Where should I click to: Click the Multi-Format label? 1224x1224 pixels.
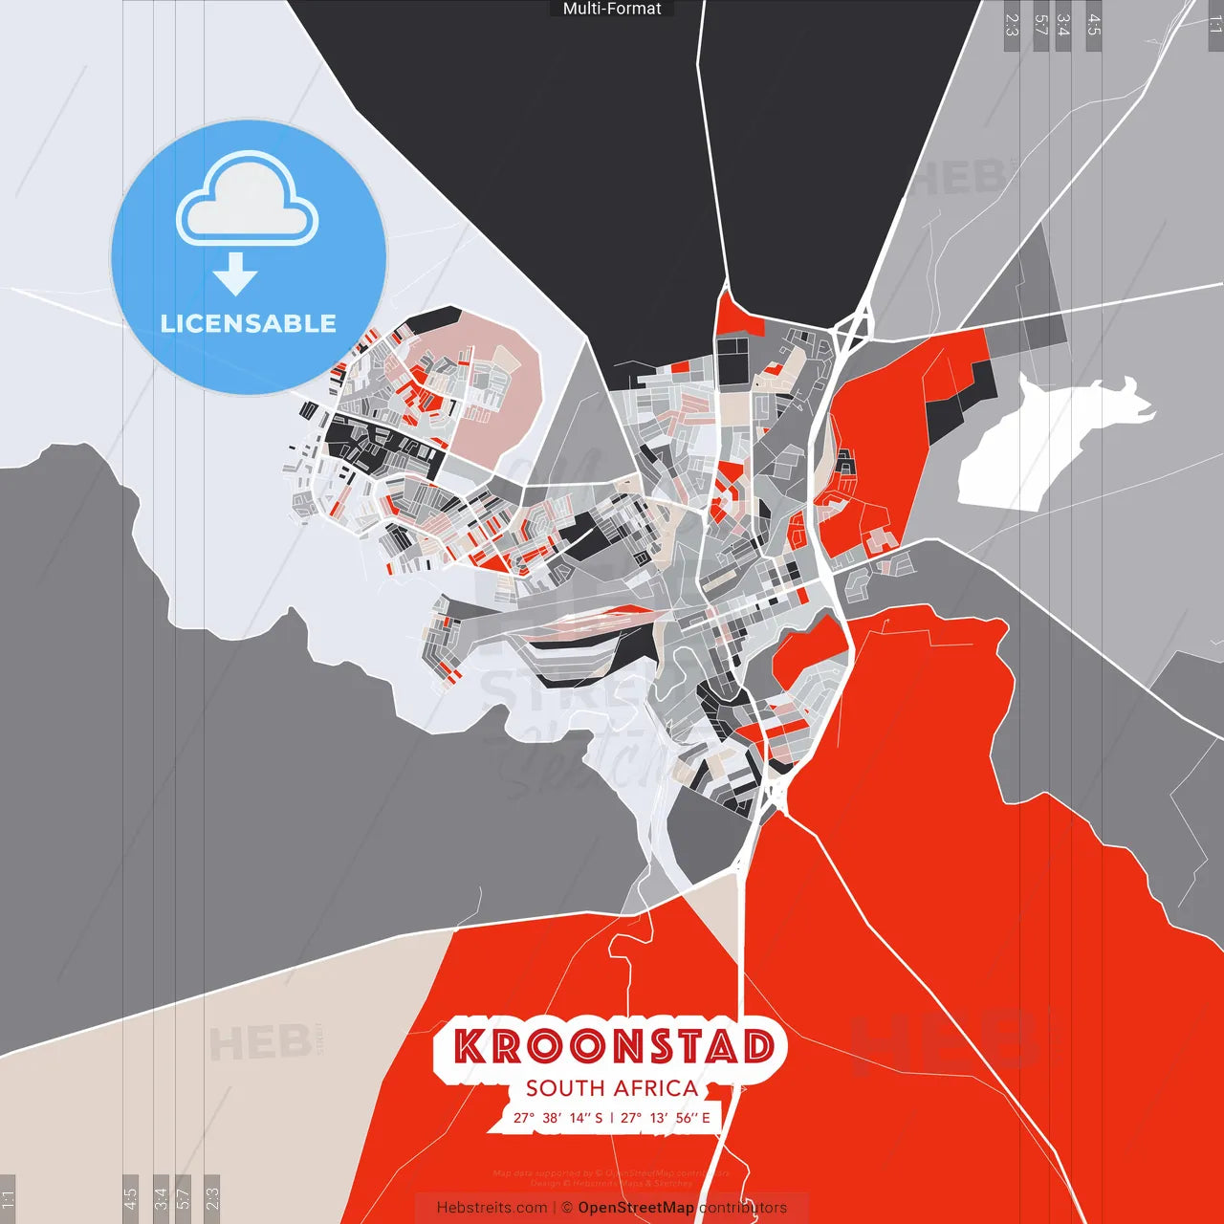(x=612, y=9)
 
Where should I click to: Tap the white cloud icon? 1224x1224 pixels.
(x=248, y=198)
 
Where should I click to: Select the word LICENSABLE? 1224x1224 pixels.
(x=249, y=323)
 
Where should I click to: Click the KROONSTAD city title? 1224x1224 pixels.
(x=613, y=1046)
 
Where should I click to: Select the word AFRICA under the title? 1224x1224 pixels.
(x=655, y=1088)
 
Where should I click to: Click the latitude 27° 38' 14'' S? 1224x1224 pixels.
(x=558, y=1118)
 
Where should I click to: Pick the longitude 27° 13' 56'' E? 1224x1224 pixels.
(x=666, y=1118)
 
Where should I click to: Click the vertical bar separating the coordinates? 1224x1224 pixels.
(x=612, y=1118)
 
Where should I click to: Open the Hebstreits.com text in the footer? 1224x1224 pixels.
(x=492, y=1208)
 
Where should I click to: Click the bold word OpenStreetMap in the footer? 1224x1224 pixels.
(x=636, y=1208)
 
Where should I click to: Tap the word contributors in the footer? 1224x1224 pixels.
(x=743, y=1208)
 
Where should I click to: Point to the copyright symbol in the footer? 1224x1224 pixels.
(x=567, y=1208)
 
